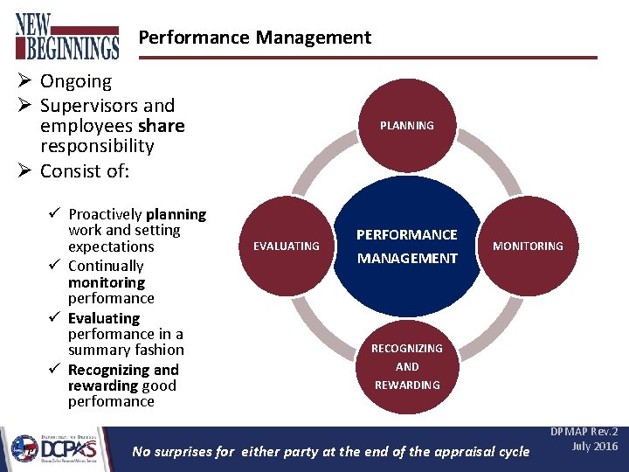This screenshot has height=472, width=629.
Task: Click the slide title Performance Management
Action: tap(254, 38)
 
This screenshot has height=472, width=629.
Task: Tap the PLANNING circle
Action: tap(406, 125)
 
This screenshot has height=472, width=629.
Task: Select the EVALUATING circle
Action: tap(286, 246)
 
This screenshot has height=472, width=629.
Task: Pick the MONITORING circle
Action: tap(528, 246)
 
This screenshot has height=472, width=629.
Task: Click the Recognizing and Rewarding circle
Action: tap(406, 366)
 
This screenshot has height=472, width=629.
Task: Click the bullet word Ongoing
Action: tap(76, 81)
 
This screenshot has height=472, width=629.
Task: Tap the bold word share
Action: tap(161, 126)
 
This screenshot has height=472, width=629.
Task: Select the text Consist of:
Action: tap(85, 170)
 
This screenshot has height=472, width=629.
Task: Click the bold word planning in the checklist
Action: tap(176, 214)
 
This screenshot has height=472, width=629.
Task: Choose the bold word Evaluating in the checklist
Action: tap(104, 318)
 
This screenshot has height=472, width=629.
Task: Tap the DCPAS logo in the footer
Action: tap(55, 448)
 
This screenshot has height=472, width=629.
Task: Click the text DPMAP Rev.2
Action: tap(583, 433)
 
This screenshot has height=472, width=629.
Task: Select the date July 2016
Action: tap(594, 447)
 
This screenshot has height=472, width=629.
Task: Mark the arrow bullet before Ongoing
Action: tap(24, 81)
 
